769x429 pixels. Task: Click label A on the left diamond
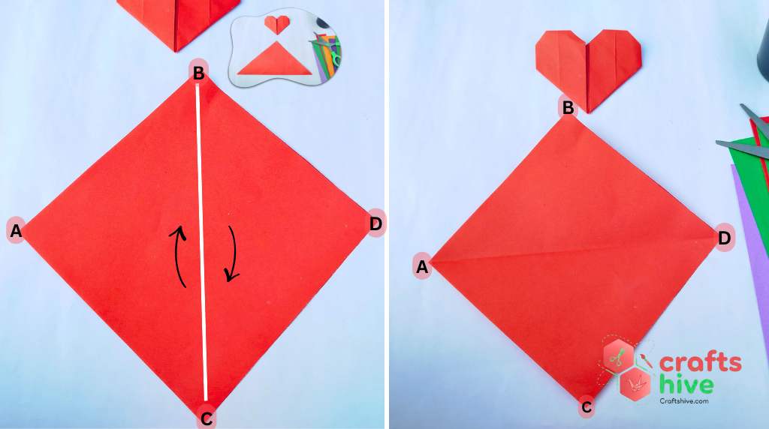tap(16, 231)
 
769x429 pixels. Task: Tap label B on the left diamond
tap(198, 72)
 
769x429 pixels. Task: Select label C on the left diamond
tap(206, 417)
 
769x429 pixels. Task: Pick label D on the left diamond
tap(375, 223)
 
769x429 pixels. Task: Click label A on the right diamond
tap(422, 266)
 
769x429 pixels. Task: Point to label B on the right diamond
tap(568, 108)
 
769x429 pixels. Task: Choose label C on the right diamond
tap(587, 408)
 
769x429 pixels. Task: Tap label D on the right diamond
tap(724, 238)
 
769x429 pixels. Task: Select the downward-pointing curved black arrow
tap(232, 255)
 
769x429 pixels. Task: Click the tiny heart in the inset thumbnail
tap(277, 25)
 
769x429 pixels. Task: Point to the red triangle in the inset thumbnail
tap(274, 60)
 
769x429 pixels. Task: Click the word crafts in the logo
tap(700, 363)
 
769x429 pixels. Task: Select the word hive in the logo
tap(686, 385)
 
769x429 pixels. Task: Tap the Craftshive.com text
tap(683, 402)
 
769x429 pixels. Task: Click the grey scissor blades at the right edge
tap(743, 147)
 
